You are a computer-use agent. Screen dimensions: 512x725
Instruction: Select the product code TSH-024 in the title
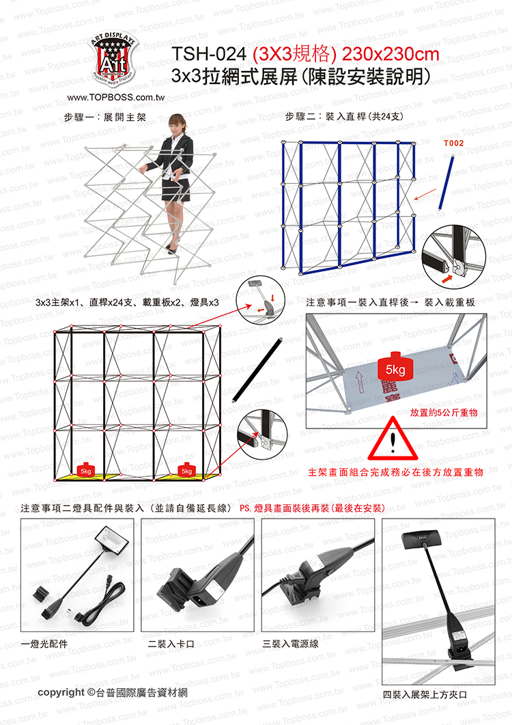208,55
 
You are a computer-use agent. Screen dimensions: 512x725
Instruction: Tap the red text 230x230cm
390,55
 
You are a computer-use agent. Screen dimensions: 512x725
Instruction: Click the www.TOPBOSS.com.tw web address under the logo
115,97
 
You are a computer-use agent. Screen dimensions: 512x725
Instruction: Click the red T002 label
453,143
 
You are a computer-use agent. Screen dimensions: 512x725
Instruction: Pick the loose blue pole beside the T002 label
446,184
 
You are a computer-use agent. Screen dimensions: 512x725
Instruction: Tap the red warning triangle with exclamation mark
393,439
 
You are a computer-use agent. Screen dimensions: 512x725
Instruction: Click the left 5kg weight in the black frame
86,469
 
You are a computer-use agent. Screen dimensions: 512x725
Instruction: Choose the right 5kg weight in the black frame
186,469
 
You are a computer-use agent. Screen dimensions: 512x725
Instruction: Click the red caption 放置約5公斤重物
444,413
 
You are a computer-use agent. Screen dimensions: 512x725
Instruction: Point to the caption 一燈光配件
44,644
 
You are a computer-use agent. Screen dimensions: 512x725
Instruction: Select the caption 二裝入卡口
171,644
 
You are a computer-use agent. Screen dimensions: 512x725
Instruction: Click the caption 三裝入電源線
291,644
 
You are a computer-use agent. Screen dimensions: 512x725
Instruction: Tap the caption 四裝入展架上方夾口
425,694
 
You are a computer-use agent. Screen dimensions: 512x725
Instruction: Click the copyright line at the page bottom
113,692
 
